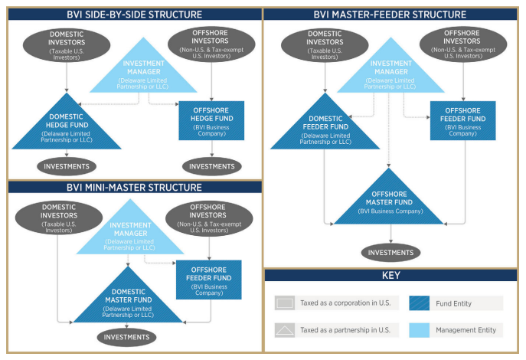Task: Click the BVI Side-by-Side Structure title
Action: coord(135,15)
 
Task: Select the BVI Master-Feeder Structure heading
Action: coord(390,15)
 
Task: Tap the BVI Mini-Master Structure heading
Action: coord(135,187)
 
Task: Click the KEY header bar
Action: coord(390,275)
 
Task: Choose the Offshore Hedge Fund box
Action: coord(211,120)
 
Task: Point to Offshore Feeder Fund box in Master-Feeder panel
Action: coord(462,120)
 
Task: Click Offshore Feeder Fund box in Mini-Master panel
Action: coord(209,280)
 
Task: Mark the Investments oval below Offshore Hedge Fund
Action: coord(211,165)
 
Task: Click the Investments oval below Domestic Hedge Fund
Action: coord(67,165)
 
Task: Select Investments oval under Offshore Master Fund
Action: coord(391,252)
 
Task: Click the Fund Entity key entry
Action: coord(455,303)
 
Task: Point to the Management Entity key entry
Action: coord(455,330)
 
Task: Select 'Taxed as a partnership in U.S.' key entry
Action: coord(334,330)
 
